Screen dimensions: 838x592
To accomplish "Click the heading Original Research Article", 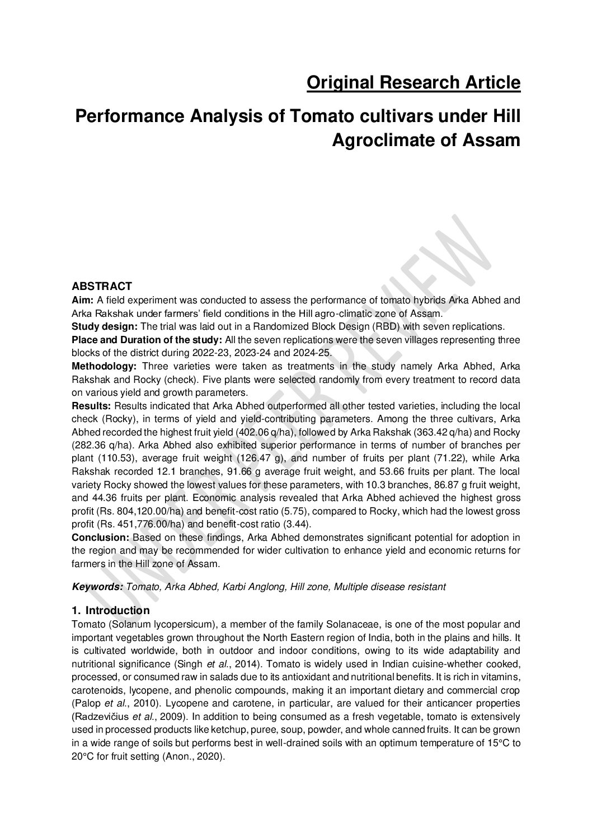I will pos(414,83).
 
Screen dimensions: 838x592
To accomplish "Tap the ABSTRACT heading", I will pos(102,286).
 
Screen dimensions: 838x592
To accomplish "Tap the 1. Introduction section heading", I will pos(111,610).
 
